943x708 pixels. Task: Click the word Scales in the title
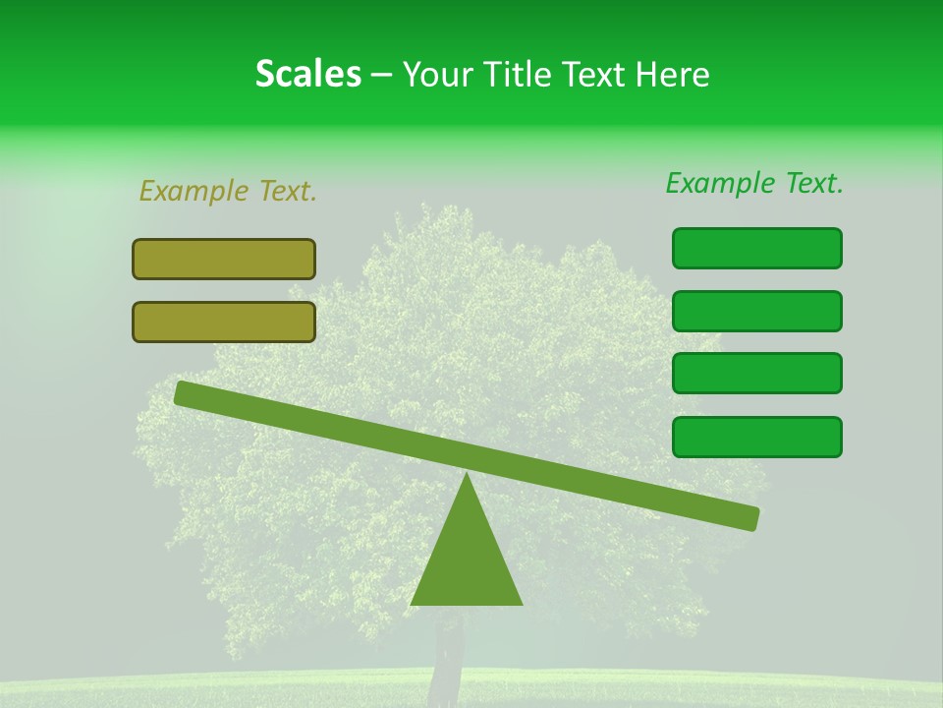[307, 74]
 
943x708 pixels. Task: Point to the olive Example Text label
[228, 191]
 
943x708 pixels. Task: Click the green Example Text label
[754, 183]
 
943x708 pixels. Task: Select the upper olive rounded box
[224, 259]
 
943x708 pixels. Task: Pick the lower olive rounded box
[224, 322]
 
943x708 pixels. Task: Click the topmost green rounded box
[756, 248]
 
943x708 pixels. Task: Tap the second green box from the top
[756, 311]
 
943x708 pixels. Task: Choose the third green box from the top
[756, 374]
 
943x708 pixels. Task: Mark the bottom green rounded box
[756, 437]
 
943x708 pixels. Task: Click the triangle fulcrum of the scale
[466, 560]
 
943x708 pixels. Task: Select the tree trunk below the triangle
[448, 654]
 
